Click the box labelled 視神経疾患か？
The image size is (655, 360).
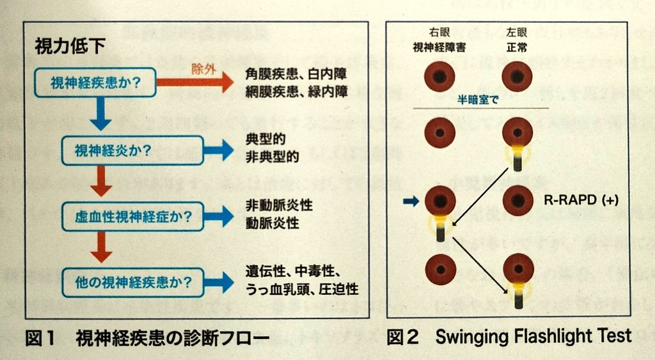[x=95, y=82]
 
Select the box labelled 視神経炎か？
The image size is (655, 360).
[x=133, y=150]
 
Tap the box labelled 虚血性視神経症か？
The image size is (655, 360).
[x=133, y=216]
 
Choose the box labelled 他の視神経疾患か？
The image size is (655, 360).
[x=133, y=283]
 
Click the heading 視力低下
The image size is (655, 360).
[x=70, y=46]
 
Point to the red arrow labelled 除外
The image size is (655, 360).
[x=195, y=82]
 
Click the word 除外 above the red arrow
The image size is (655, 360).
[x=204, y=69]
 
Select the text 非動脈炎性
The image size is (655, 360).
[x=279, y=205]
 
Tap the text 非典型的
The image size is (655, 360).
[x=272, y=157]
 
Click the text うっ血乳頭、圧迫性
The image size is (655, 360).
[x=302, y=289]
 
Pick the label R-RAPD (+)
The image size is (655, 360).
[x=581, y=200]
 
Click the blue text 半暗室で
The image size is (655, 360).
[x=477, y=100]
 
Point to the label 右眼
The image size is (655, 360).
[x=439, y=32]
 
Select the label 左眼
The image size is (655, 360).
[x=517, y=32]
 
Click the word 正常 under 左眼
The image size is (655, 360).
[x=517, y=47]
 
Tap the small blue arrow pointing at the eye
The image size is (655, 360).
[x=411, y=201]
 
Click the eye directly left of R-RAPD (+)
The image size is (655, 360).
[x=518, y=201]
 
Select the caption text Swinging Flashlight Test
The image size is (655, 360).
[x=533, y=336]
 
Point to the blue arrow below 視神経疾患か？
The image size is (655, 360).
[x=100, y=114]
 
